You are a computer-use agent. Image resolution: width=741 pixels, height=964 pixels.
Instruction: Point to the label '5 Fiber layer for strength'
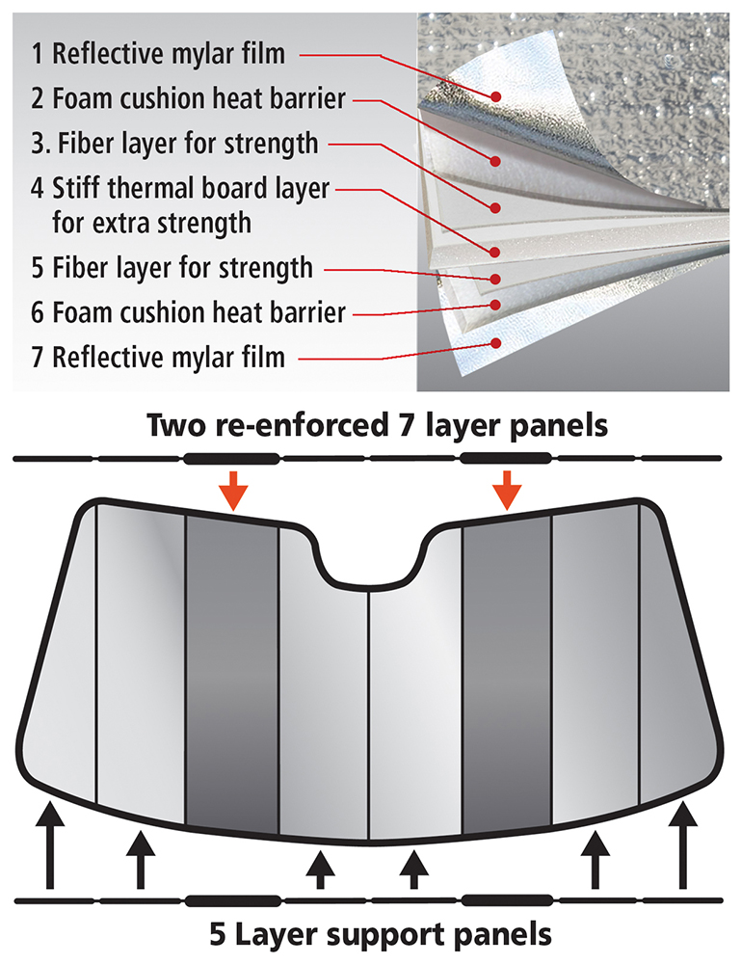tap(172, 266)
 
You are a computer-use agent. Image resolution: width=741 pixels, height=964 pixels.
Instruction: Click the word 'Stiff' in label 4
tap(81, 190)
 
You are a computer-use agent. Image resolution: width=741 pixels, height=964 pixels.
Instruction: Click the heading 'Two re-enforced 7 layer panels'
tap(370, 425)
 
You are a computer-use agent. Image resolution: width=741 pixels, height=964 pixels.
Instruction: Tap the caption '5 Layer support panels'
tap(370, 934)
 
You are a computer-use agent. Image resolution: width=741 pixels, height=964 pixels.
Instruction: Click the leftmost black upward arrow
tap(48, 847)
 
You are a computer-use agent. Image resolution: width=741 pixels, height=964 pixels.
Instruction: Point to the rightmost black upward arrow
tap(685, 847)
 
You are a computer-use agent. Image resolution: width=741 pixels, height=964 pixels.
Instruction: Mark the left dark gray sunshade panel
tap(232, 675)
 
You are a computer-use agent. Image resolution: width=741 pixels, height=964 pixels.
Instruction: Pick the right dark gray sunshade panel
tap(508, 675)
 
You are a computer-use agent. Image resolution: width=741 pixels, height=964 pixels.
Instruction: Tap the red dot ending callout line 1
tap(496, 95)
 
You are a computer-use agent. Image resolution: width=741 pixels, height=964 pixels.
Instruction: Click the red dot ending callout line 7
tap(496, 341)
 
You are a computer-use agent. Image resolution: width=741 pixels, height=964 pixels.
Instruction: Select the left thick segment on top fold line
tap(232, 457)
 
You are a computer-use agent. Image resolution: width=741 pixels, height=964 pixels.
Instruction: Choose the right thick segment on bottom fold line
tap(508, 900)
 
